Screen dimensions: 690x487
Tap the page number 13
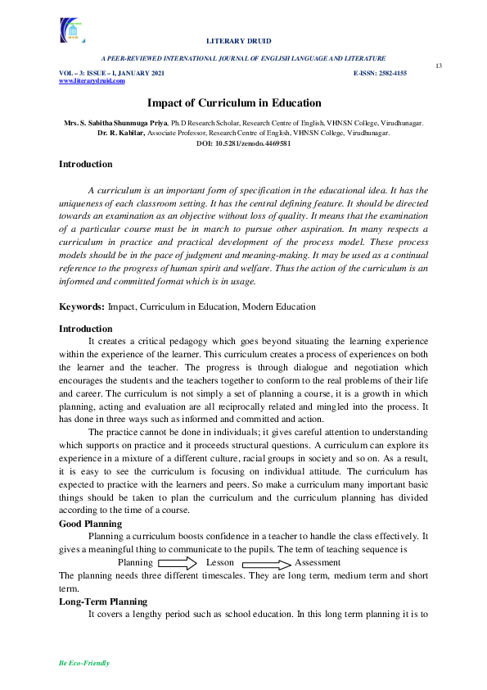click(438, 66)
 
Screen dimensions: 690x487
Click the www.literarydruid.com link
click(92, 81)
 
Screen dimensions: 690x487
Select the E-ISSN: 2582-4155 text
click(380, 74)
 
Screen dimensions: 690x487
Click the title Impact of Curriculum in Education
click(234, 103)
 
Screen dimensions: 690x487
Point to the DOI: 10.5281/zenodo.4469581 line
click(244, 143)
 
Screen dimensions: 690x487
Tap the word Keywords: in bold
click(82, 306)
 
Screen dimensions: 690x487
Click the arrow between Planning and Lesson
click(178, 563)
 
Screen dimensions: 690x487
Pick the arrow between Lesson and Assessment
click(266, 564)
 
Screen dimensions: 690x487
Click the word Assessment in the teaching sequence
click(318, 563)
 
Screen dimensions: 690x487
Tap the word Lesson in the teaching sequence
click(220, 563)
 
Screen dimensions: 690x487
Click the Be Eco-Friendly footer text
click(84, 663)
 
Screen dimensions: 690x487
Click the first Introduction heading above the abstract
click(86, 165)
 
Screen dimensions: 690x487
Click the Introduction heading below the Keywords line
click(86, 329)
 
